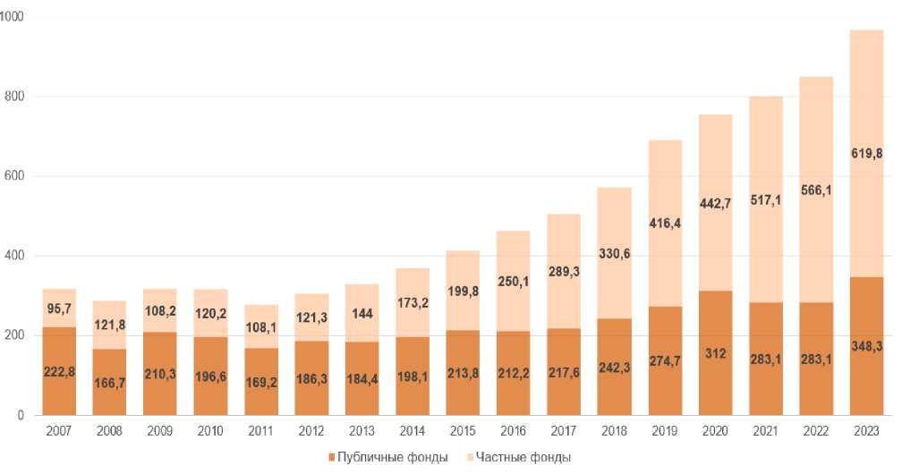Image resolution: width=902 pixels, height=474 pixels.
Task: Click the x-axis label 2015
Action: (x=462, y=431)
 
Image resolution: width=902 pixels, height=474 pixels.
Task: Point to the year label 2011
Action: (x=260, y=431)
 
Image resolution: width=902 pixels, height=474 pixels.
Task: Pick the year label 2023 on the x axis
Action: (x=866, y=431)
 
